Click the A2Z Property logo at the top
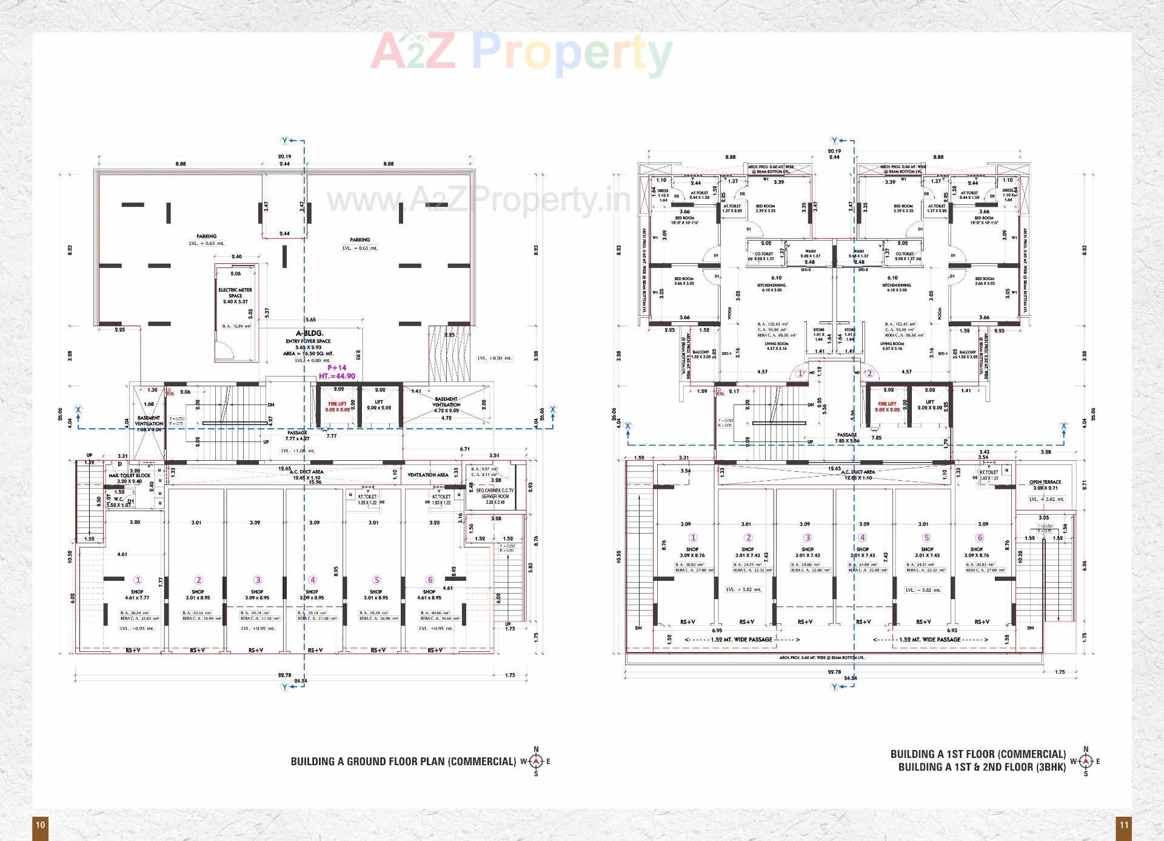click(x=521, y=52)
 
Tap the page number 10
click(x=40, y=825)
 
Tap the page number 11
click(x=1123, y=825)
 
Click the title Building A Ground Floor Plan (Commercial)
click(x=403, y=762)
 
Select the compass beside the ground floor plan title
click(x=536, y=762)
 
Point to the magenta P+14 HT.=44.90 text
click(x=336, y=372)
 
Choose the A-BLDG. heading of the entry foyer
click(x=309, y=333)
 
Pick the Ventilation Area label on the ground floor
click(x=428, y=475)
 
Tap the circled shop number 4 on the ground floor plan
click(x=312, y=580)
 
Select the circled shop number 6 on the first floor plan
click(x=980, y=537)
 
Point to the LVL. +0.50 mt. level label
click(x=494, y=358)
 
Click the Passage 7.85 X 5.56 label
click(x=847, y=437)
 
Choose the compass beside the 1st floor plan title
click(x=1085, y=761)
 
